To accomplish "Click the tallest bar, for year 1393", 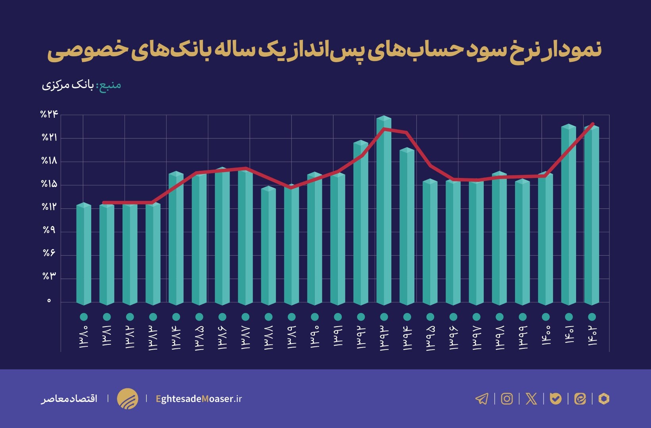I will point(384,210).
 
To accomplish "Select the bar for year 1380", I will point(84,254).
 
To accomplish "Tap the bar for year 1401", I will point(569,214).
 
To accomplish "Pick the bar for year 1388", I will point(268,246).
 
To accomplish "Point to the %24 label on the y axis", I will point(50,115).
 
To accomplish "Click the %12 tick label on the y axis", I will point(50,207).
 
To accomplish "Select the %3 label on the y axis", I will point(50,276).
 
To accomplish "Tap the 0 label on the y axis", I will point(49,301).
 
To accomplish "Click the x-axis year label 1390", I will point(315,337).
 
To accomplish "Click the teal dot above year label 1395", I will point(430,317).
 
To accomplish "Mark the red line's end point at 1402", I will point(593,124).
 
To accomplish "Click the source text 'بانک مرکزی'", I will point(67,85).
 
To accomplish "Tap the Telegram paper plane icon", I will point(482,399).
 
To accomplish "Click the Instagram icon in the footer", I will point(507,399).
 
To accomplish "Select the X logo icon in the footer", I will point(531,399).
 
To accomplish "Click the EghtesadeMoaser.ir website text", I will point(199,399).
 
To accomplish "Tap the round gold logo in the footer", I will point(128,399).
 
